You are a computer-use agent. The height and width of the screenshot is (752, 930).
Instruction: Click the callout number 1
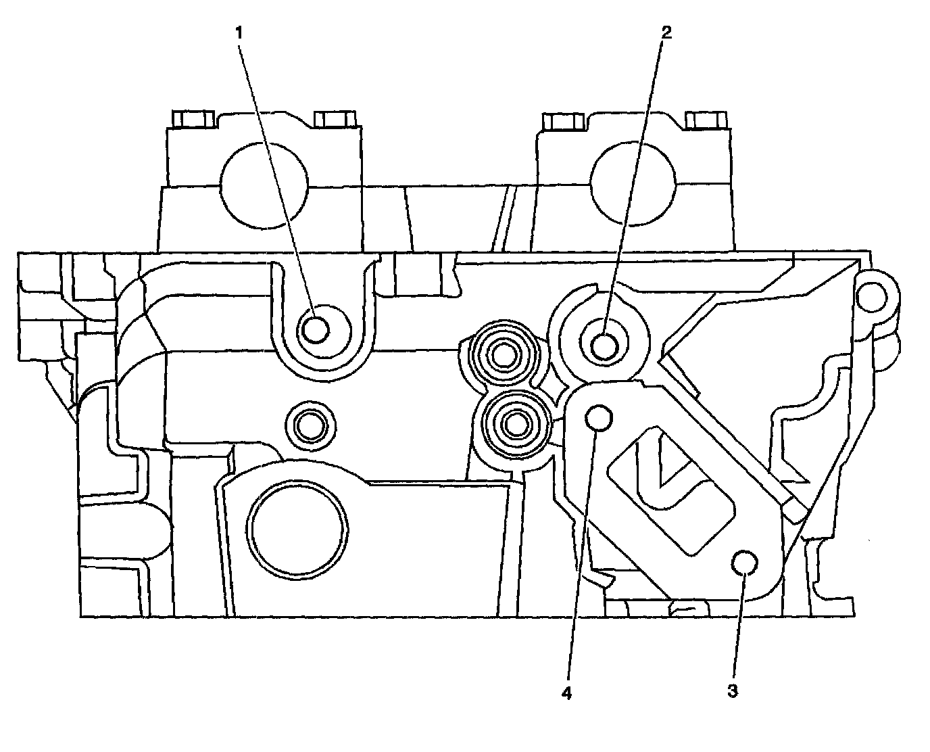tap(239, 31)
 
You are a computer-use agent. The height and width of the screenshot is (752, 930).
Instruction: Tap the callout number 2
tap(666, 31)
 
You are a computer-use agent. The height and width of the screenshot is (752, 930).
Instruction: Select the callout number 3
tap(733, 691)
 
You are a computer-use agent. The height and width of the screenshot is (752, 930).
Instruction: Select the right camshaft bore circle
tap(633, 184)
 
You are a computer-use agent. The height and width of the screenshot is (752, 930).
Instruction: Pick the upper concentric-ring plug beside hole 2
tap(504, 354)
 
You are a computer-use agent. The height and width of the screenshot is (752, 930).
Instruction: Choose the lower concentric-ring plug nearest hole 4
tap(516, 425)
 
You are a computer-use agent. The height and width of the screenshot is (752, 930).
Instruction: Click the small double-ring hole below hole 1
tap(311, 426)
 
